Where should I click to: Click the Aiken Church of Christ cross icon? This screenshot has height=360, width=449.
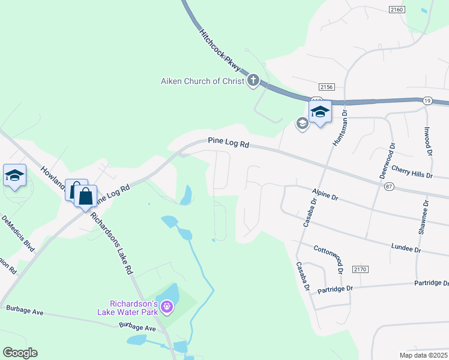(x=253, y=80)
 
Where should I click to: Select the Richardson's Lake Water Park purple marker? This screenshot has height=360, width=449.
(x=167, y=308)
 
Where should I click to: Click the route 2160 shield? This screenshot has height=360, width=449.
(x=397, y=9)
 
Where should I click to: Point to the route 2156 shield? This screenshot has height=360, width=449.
(x=327, y=87)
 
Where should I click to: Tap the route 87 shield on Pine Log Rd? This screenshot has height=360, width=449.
(x=389, y=187)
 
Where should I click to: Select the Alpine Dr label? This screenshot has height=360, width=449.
(x=326, y=196)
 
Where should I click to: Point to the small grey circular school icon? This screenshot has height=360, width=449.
(x=302, y=124)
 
